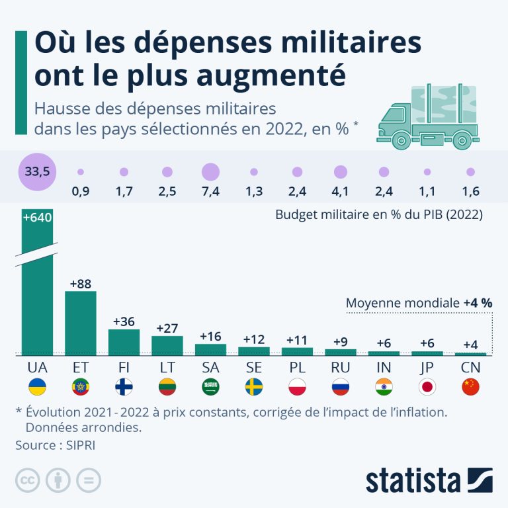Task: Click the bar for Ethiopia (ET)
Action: point(81,323)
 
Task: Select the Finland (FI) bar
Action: point(124,342)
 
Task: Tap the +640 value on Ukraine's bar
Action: point(37,218)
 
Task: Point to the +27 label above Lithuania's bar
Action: point(167,328)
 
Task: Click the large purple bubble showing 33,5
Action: point(37,172)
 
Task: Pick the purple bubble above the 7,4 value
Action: point(210,172)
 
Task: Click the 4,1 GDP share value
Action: point(340,191)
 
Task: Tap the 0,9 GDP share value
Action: point(81,191)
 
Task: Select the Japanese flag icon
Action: point(427,387)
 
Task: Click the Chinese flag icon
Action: point(470,387)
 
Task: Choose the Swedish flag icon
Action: point(254,387)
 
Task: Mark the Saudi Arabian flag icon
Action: point(210,387)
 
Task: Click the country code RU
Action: point(341,367)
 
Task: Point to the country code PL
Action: point(297,367)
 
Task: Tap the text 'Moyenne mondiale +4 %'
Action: point(419,303)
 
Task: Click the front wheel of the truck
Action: point(401,141)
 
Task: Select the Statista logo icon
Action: point(480,480)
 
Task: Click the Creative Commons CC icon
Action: point(28,480)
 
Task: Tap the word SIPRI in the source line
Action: point(81,445)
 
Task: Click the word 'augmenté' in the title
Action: point(271,75)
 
